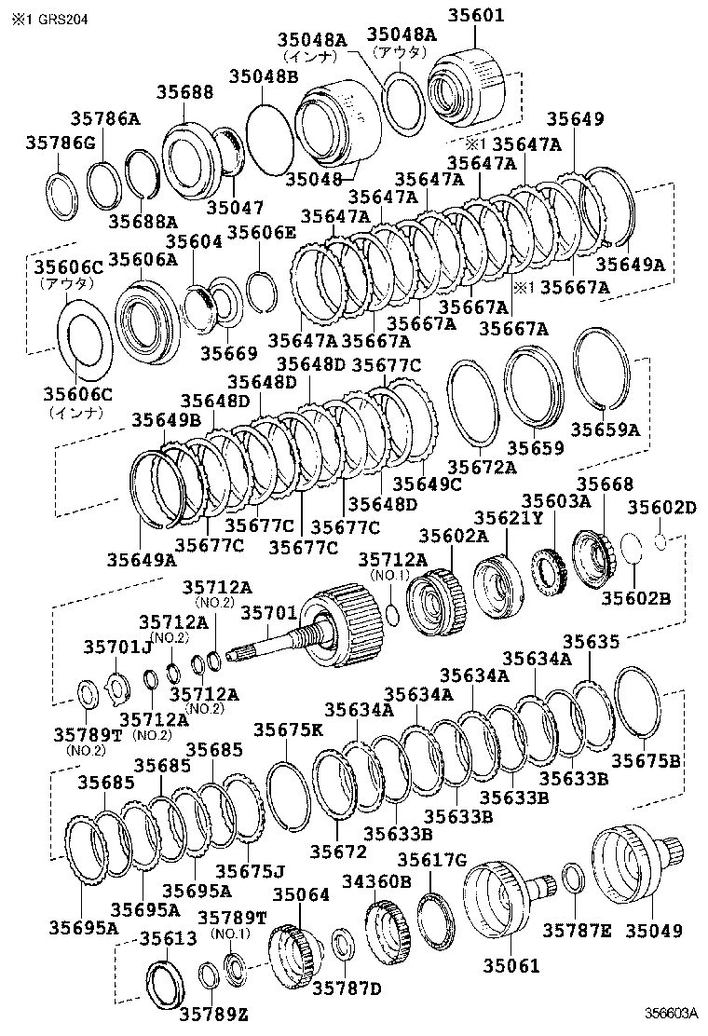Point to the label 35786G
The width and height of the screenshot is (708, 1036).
pyautogui.click(x=59, y=143)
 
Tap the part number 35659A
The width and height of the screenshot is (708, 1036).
pyautogui.click(x=605, y=429)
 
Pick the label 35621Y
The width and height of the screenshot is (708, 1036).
pyautogui.click(x=506, y=518)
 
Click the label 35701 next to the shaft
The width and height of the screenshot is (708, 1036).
pyautogui.click(x=269, y=612)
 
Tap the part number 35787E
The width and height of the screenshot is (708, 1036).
pyautogui.click(x=577, y=931)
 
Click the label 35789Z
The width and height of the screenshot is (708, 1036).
pyautogui.click(x=213, y=1015)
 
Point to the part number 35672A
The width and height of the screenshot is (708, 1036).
pyautogui.click(x=481, y=467)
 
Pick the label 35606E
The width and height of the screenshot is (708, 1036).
pyautogui.click(x=262, y=233)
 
